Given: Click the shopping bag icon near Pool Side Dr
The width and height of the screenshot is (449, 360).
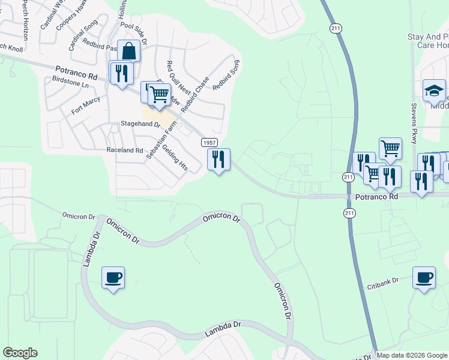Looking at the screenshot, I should [129, 51].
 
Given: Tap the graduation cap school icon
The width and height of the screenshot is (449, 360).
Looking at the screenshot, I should [434, 91].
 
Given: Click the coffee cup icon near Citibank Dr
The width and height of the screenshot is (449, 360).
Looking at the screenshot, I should [424, 278].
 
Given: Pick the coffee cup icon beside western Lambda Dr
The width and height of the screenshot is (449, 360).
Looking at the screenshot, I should [113, 278].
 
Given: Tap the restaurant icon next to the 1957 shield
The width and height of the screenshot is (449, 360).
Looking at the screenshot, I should [218, 160].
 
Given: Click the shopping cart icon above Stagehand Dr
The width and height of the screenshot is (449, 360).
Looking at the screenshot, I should [159, 94].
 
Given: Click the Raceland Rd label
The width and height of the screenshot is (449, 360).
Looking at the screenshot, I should [125, 150].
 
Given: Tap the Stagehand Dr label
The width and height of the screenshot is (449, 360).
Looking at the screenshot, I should [141, 124].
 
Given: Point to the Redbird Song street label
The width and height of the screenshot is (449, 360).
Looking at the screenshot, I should [226, 75].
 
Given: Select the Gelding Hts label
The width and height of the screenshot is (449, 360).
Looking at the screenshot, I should [176, 158].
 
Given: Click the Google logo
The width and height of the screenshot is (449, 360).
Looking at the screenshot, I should [20, 353].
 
